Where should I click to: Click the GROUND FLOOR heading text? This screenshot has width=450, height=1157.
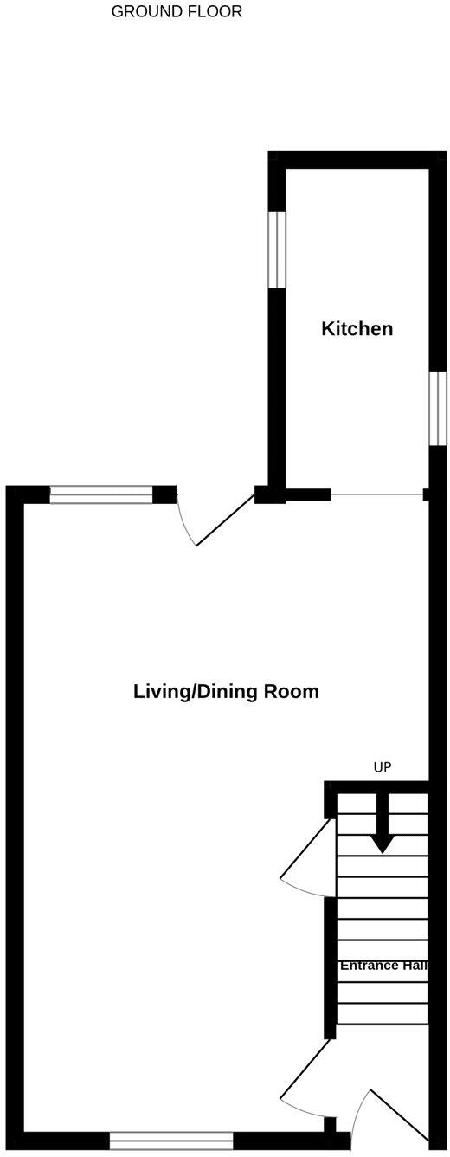coord(177,12)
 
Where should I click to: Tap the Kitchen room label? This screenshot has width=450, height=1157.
coord(357,329)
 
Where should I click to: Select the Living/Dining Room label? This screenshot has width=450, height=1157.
coord(226,692)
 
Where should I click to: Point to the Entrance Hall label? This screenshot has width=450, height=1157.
coord(382,966)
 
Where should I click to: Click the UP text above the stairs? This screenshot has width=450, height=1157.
coord(382,767)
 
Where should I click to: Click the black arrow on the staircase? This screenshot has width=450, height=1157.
coord(382,832)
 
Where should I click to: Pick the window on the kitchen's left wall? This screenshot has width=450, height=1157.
coord(276,249)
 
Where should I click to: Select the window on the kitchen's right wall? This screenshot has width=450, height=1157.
coord(438,408)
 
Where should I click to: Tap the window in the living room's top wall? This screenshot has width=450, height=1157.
coord(101,495)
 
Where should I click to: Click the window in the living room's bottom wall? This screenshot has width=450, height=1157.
coord(171,1142)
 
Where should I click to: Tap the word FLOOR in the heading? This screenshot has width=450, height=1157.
coord(215,12)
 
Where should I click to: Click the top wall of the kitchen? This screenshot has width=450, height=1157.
coord(357,160)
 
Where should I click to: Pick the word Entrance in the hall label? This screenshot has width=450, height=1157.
coord(368,966)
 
